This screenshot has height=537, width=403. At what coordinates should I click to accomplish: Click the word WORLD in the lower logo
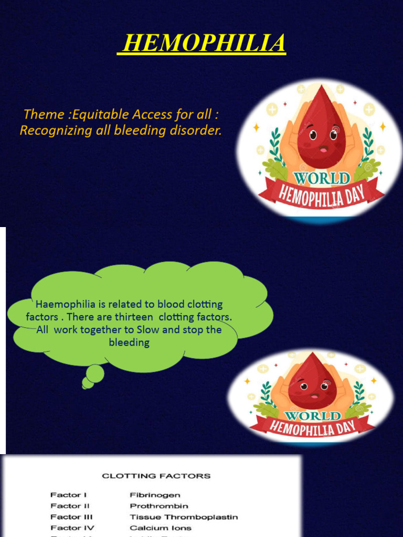[x=313, y=416]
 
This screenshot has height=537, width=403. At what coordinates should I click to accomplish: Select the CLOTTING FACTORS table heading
[x=156, y=476]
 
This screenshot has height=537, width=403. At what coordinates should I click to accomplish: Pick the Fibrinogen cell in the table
[x=155, y=495]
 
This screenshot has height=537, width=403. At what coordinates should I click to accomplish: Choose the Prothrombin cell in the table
[x=158, y=506]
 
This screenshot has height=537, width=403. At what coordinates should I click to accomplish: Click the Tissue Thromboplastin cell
[x=184, y=517]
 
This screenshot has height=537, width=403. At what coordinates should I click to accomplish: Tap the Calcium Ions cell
[x=161, y=528]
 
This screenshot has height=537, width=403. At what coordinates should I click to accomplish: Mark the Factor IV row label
[x=72, y=528]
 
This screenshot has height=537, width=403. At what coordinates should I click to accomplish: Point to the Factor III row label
[x=72, y=517]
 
